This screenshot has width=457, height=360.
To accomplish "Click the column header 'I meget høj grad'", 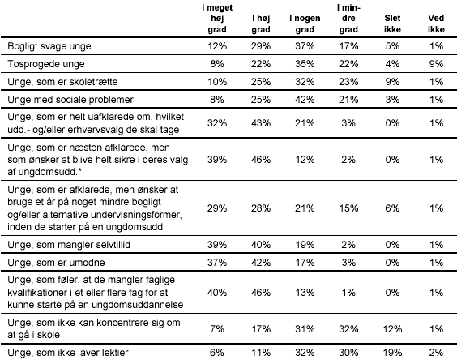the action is pyautogui.click(x=217, y=19).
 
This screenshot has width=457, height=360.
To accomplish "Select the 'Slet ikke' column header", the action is pyautogui.click(x=392, y=24).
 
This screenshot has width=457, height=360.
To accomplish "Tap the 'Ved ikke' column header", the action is pyautogui.click(x=436, y=24).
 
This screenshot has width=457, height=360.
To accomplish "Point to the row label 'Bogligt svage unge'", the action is pyautogui.click(x=49, y=46).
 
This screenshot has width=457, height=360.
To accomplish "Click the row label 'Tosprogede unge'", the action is pyautogui.click(x=46, y=64).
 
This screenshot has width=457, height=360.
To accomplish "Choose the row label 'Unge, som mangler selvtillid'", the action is pyautogui.click(x=69, y=245).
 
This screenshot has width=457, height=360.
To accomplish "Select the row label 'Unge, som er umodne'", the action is pyautogui.click(x=56, y=262).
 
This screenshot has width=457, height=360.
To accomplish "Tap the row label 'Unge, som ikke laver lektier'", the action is pyautogui.click(x=68, y=353).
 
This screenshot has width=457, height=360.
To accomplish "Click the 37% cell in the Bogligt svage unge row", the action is pyautogui.click(x=305, y=46).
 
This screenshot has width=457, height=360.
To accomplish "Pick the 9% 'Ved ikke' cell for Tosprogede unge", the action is pyautogui.click(x=436, y=64).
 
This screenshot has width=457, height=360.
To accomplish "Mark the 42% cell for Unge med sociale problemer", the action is pyautogui.click(x=305, y=100).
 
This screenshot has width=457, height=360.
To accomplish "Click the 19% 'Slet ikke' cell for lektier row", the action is pyautogui.click(x=392, y=353).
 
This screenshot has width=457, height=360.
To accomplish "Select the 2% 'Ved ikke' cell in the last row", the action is pyautogui.click(x=436, y=353).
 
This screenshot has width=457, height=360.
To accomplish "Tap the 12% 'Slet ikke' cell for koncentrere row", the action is pyautogui.click(x=392, y=329).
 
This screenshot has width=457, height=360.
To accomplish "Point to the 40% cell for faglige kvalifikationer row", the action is pyautogui.click(x=217, y=293).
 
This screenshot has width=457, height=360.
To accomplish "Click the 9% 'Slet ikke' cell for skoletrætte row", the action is pyautogui.click(x=392, y=81).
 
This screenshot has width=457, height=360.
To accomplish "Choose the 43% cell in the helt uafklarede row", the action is pyautogui.click(x=261, y=123).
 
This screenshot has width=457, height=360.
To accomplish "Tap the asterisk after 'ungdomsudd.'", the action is pyautogui.click(x=79, y=171).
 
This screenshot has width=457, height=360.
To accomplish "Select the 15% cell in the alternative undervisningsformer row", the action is pyautogui.click(x=348, y=208).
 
